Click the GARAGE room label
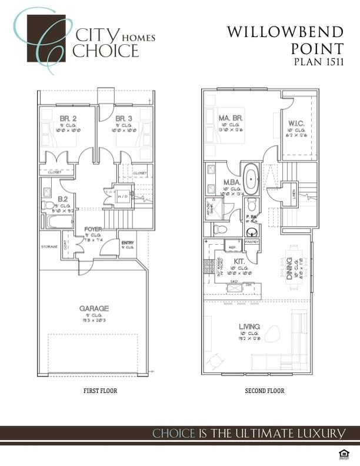[94, 308]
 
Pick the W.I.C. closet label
[296, 124]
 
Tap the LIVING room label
[250, 327]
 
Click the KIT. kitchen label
[239, 260]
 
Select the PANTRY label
[252, 242]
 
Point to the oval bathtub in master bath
[251, 181]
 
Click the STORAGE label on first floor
[49, 247]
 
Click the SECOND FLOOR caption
[265, 391]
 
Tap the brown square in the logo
[46, 38]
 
